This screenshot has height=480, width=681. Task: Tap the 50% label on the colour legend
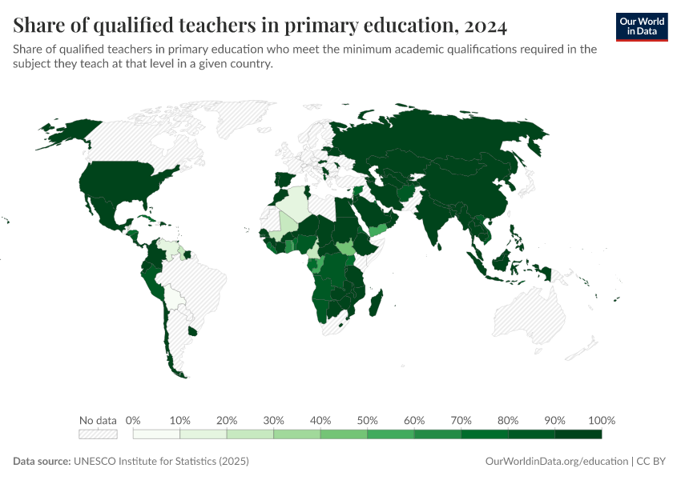[367, 421]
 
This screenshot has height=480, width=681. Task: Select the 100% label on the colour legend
[601, 421]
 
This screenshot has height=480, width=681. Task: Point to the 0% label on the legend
[134, 421]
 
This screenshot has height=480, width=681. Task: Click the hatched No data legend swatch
[98, 434]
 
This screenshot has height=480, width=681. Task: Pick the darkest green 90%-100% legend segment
[578, 434]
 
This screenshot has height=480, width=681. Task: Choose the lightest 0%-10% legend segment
[156, 434]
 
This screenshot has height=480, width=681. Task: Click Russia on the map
[449, 140]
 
